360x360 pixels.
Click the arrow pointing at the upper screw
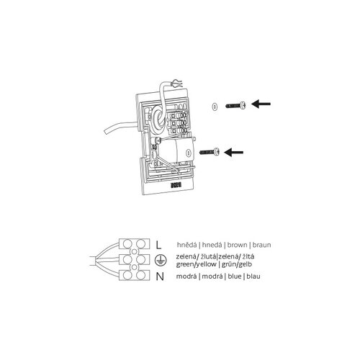point(261,104)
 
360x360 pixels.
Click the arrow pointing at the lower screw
point(234,152)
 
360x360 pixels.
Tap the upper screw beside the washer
point(236,105)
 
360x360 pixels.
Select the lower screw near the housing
point(210,152)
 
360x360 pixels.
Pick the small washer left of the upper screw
point(215,106)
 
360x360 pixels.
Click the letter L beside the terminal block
point(158,245)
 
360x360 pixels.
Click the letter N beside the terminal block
point(160,276)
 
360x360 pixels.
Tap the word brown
point(237,245)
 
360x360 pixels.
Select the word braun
point(262,245)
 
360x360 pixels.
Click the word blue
point(235,276)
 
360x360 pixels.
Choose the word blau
point(253,276)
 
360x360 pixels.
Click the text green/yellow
point(196,264)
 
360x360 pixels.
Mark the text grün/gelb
point(237,264)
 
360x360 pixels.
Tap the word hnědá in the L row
point(187,245)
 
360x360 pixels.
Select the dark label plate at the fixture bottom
point(176,185)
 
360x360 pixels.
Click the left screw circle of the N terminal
point(127,275)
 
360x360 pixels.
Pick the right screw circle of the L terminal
point(141,244)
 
